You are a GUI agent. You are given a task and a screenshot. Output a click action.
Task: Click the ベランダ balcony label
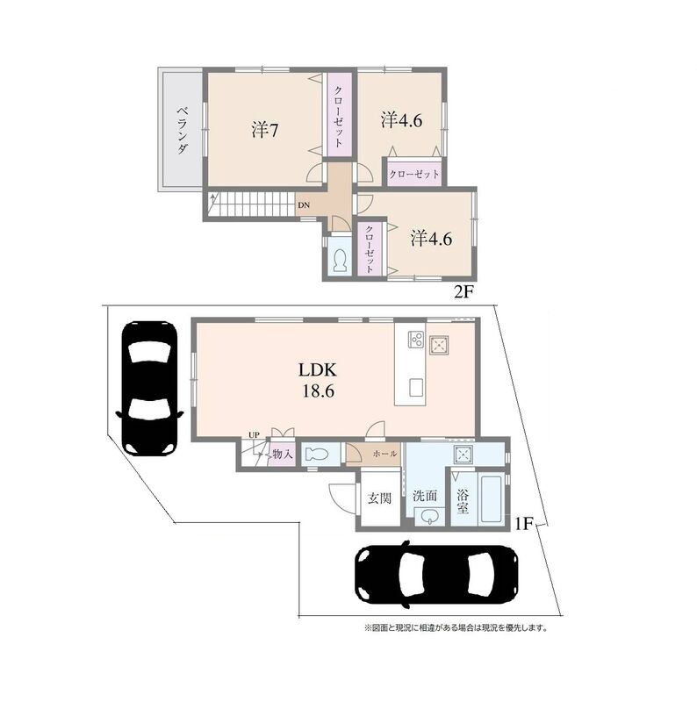point(182,130)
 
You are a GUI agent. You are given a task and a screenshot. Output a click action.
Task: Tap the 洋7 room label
point(265,130)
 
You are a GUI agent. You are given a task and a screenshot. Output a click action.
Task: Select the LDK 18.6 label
point(317,381)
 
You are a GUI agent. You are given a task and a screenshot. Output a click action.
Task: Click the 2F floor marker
point(463,292)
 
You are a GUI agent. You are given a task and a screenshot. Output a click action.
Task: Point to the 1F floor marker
point(523,523)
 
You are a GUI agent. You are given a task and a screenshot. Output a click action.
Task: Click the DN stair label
point(304,205)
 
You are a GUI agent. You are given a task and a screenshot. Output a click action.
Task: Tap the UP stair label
point(254,434)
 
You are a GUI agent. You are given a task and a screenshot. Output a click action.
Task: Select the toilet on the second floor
point(341,261)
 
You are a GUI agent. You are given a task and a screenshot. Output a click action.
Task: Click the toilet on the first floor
point(317,455)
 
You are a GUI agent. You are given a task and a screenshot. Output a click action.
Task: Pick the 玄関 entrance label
point(379,498)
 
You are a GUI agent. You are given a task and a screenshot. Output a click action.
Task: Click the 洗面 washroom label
point(425,496)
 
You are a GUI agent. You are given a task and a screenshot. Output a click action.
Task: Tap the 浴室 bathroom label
point(463,501)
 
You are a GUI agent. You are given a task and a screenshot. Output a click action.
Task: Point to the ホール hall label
point(384,454)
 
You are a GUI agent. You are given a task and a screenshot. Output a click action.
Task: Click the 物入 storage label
point(283,454)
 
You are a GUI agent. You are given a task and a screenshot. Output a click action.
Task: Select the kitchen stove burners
point(416,339)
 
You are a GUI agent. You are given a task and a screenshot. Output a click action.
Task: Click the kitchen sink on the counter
point(417,387)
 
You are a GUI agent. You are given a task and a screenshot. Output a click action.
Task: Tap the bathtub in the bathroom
point(492,499)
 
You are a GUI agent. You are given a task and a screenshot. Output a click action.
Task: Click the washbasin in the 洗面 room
point(430,517)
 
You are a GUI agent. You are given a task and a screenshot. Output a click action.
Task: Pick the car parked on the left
point(149,388)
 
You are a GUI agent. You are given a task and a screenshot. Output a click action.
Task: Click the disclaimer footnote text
point(456,627)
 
